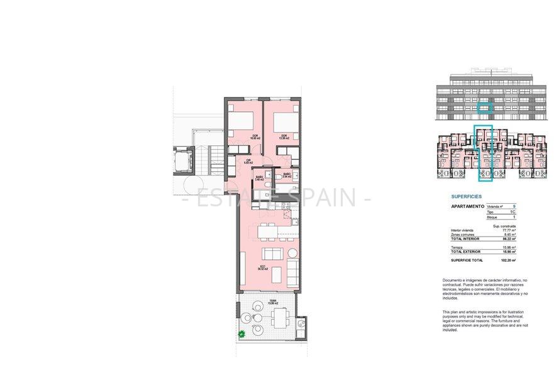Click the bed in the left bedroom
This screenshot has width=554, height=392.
point(242,120)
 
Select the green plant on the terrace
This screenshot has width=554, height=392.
point(242,333)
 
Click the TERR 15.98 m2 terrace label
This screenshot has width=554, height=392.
point(273,302)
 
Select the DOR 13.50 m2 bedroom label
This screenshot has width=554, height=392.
point(284,137)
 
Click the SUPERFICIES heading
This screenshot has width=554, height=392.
point(467,196)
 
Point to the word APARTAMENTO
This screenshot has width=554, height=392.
point(467,206)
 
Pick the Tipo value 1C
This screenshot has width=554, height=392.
point(513,212)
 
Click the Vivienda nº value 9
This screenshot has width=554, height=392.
point(514,206)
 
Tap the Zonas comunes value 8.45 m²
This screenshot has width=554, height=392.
point(509,235)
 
